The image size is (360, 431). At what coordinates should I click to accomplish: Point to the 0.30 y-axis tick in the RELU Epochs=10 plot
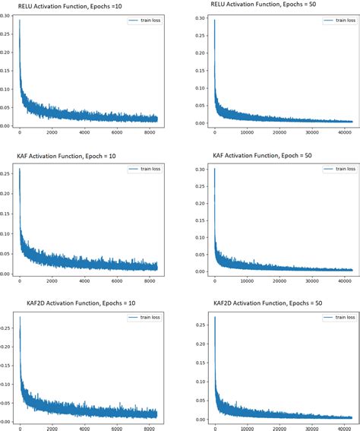pos(7,15)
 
